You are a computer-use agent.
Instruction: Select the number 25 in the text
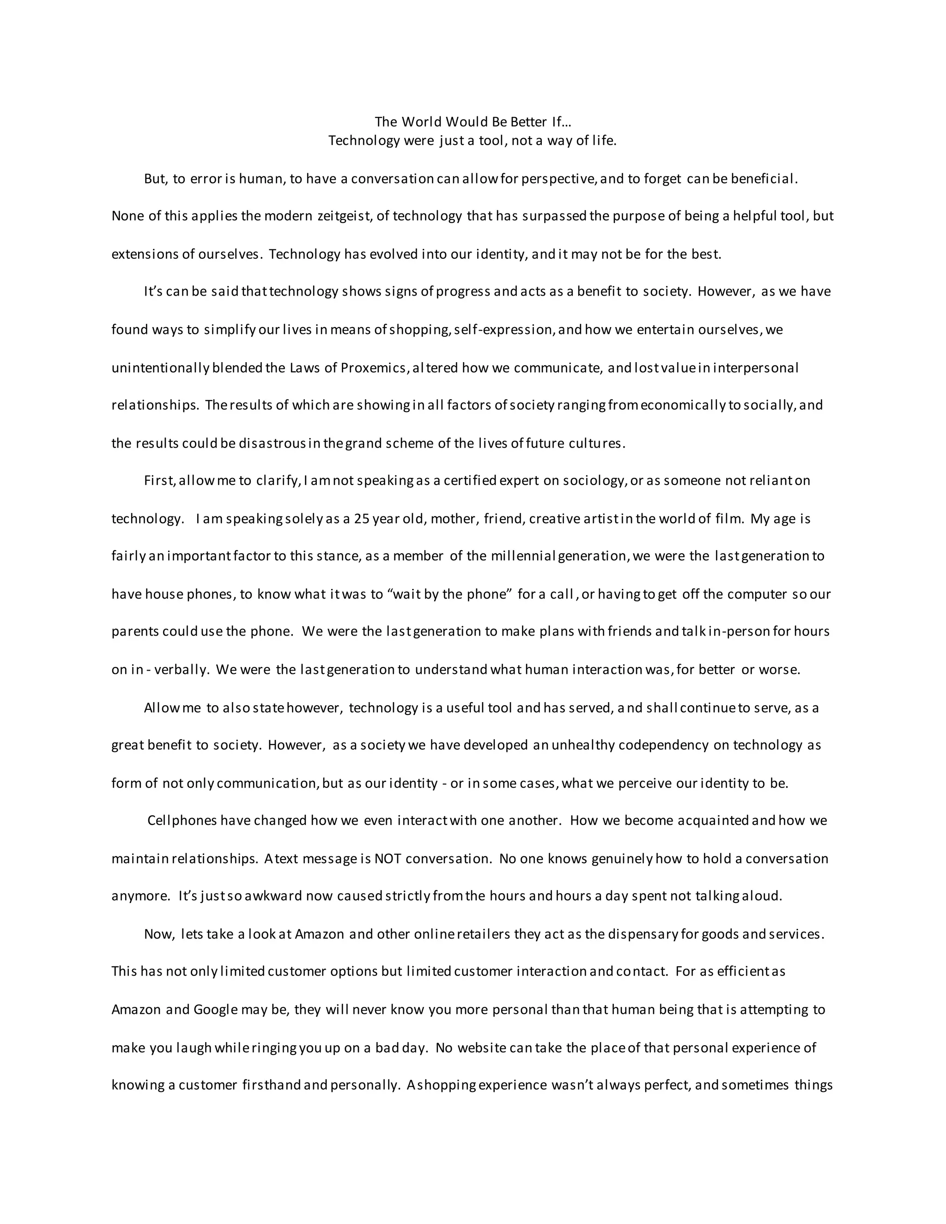(362, 519)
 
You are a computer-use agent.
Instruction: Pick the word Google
(215, 1010)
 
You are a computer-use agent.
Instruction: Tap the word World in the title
(421, 122)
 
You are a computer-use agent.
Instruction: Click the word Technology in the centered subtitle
(364, 141)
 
